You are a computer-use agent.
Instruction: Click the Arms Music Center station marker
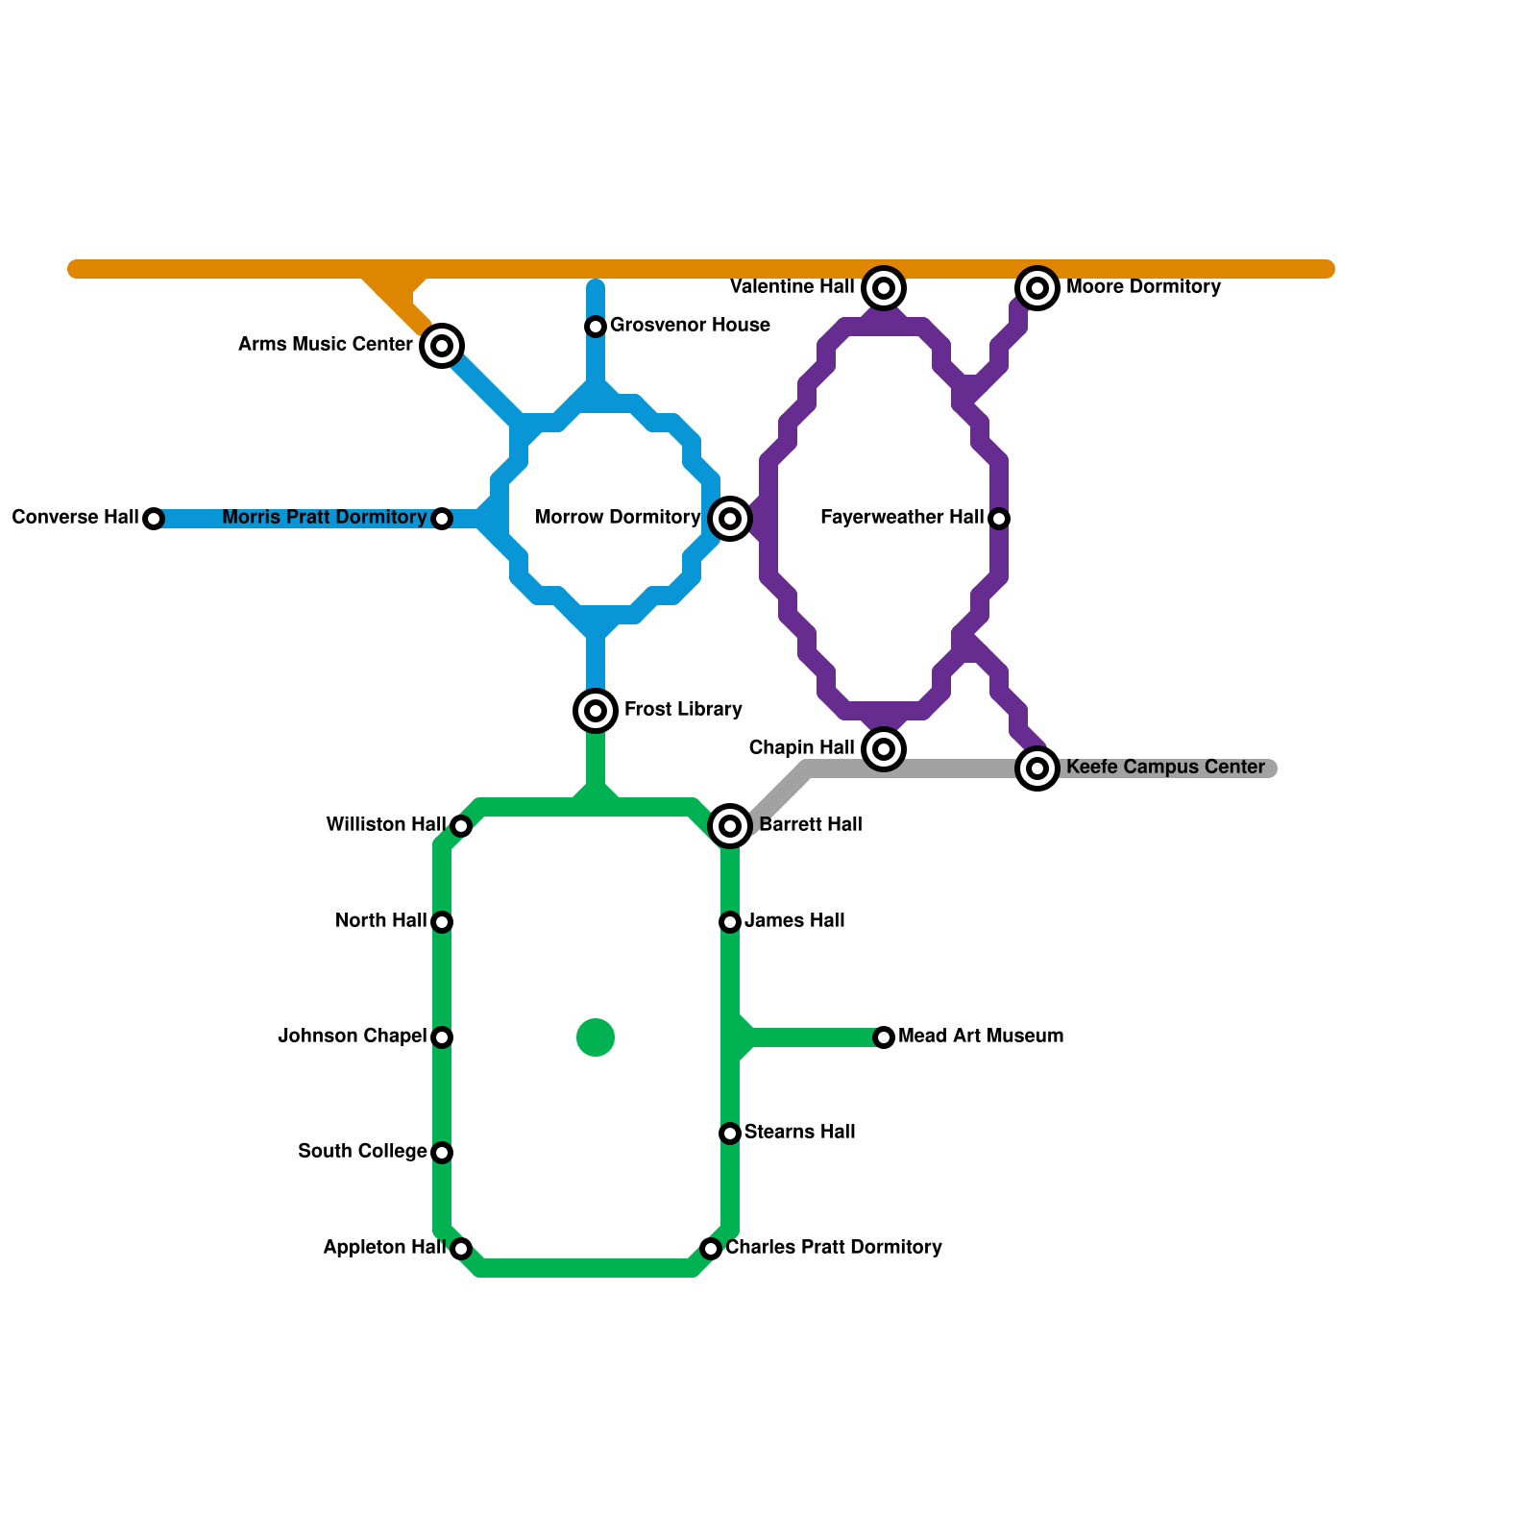[x=442, y=346]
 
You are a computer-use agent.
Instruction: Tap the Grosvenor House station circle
[x=596, y=327]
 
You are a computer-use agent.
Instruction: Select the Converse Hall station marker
[x=154, y=519]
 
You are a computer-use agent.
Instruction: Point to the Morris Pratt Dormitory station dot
[x=442, y=519]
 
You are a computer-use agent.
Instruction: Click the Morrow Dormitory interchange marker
[x=730, y=519]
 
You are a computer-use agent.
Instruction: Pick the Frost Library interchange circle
[x=596, y=711]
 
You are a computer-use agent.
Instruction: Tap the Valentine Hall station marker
[x=884, y=287]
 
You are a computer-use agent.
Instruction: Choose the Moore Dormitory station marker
[x=1037, y=287]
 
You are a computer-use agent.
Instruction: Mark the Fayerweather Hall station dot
[x=999, y=519]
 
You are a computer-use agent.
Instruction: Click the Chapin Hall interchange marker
[x=884, y=749]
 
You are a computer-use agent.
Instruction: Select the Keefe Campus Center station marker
[x=1037, y=768]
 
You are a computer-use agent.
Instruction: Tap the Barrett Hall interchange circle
[x=730, y=826]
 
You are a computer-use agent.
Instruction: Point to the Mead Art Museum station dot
[x=884, y=1037]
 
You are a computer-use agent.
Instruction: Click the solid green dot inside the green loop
[x=596, y=1037]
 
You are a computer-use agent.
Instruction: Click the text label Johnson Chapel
[x=352, y=1037]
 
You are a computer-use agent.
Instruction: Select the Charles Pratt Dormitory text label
[x=833, y=1248]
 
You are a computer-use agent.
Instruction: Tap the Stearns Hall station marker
[x=730, y=1134]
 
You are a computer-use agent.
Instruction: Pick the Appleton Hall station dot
[x=461, y=1249]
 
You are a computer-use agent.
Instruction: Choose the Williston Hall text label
[x=385, y=825]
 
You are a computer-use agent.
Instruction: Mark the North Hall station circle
[x=442, y=922]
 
